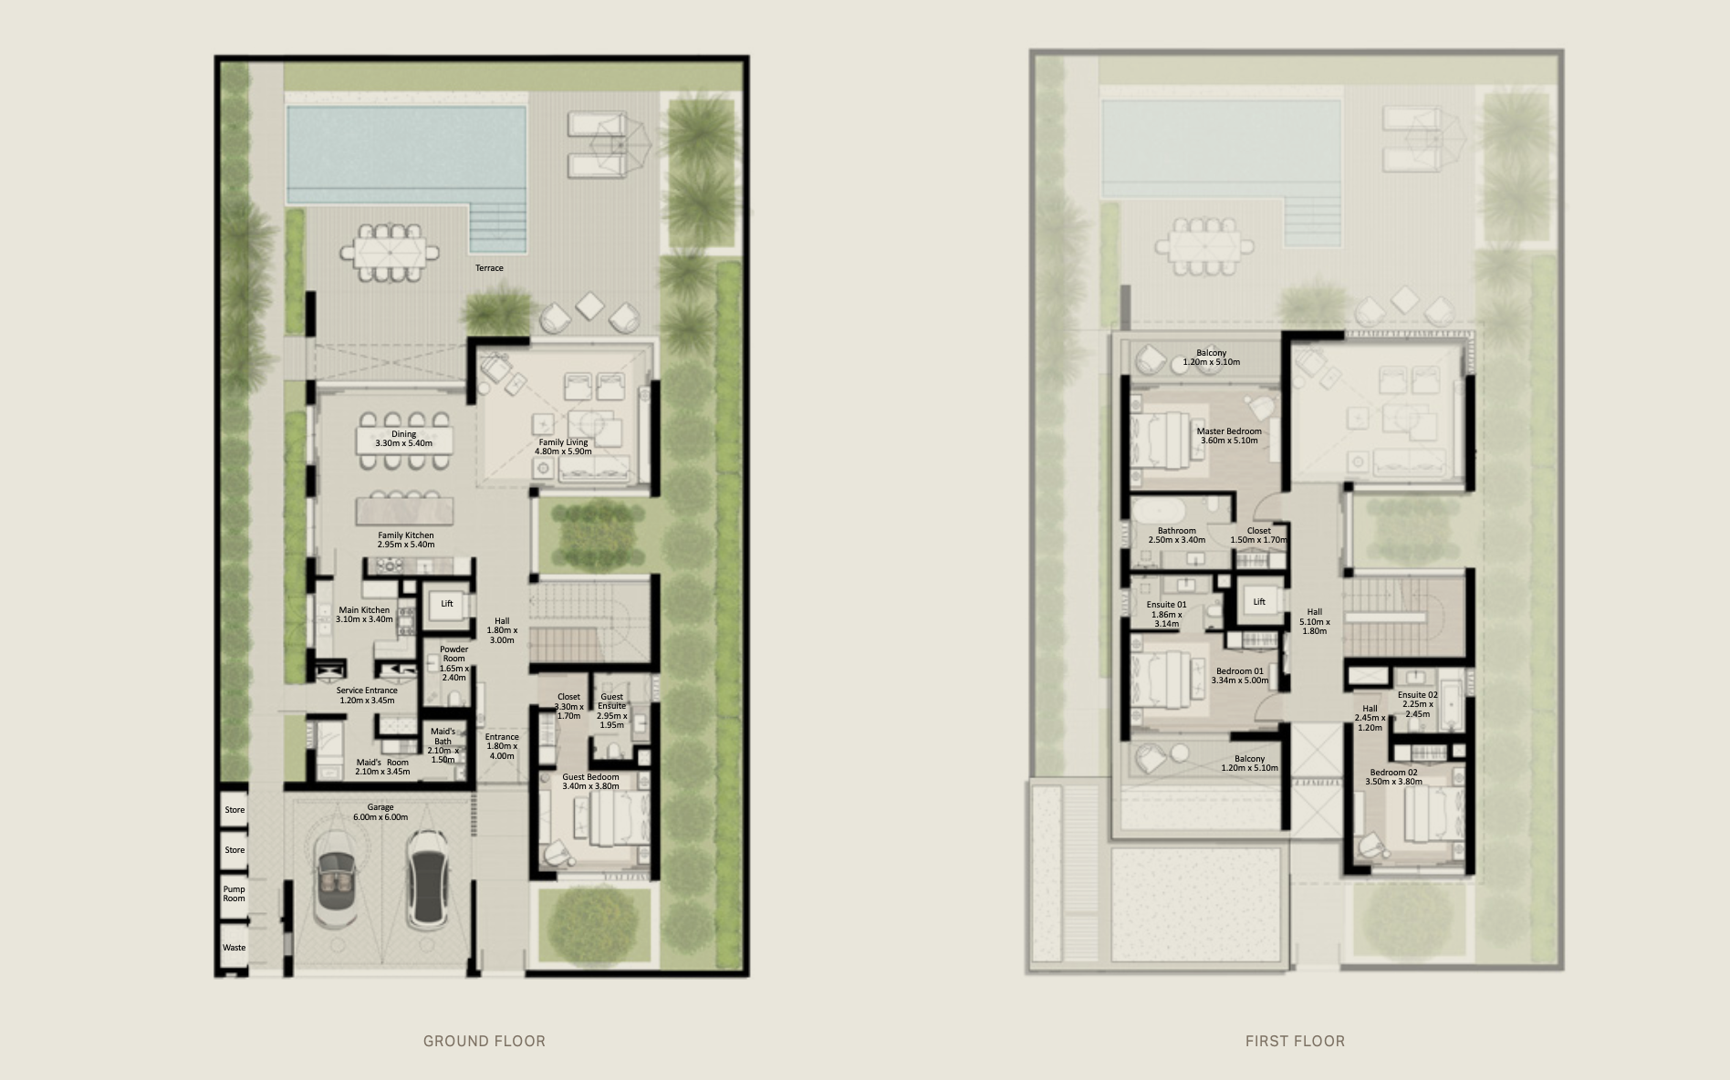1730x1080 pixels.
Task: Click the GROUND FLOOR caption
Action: pyautogui.click(x=485, y=1041)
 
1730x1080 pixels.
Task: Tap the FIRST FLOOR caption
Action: pyautogui.click(x=1295, y=1041)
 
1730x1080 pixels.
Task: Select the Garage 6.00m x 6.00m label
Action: pyautogui.click(x=380, y=812)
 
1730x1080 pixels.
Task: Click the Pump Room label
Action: pyautogui.click(x=234, y=894)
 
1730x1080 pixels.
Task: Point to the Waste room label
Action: pyautogui.click(x=234, y=948)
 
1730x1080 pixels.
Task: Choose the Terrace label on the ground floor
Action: pyautogui.click(x=489, y=268)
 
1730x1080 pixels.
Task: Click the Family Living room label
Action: pyautogui.click(x=563, y=447)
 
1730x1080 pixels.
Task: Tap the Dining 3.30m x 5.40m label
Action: pyautogui.click(x=403, y=439)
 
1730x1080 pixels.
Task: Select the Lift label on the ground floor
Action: pyautogui.click(x=447, y=604)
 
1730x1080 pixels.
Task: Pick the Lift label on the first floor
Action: pyautogui.click(x=1259, y=602)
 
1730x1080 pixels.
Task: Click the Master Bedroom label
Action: pyautogui.click(x=1229, y=436)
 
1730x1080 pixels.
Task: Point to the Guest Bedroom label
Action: pyautogui.click(x=590, y=781)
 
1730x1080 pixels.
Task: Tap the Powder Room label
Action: pyautogui.click(x=453, y=663)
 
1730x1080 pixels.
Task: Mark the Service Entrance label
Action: pyautogui.click(x=366, y=695)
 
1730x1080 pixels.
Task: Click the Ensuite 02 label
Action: pyautogui.click(x=1417, y=704)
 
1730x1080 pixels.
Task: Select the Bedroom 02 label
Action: pyautogui.click(x=1394, y=776)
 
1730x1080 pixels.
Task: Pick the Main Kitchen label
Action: pyautogui.click(x=364, y=615)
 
